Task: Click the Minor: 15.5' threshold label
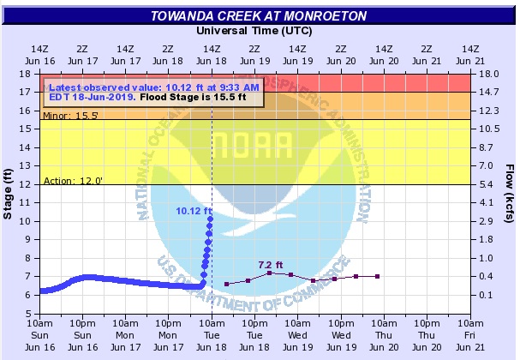pyautogui.click(x=65, y=114)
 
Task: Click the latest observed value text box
pyautogui.click(x=154, y=92)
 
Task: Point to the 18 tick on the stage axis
pyautogui.click(x=31, y=74)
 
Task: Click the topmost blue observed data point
pyautogui.click(x=211, y=219)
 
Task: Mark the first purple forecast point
pyautogui.click(x=226, y=284)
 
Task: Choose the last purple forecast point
pyautogui.click(x=378, y=276)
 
